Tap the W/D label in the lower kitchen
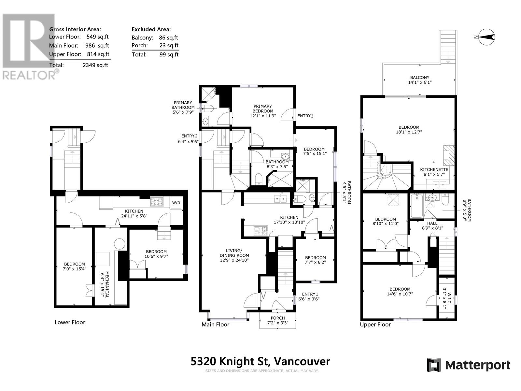point(176,202)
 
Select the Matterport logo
point(469,365)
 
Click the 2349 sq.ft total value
point(95,65)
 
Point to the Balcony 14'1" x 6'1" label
point(420,80)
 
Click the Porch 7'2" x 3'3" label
point(278,320)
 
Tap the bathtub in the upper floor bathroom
point(416,206)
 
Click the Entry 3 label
point(305,116)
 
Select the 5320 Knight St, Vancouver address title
point(260,362)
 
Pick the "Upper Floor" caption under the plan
point(375,325)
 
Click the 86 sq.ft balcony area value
point(169,37)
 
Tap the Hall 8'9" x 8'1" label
point(432,225)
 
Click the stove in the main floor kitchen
point(261,231)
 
